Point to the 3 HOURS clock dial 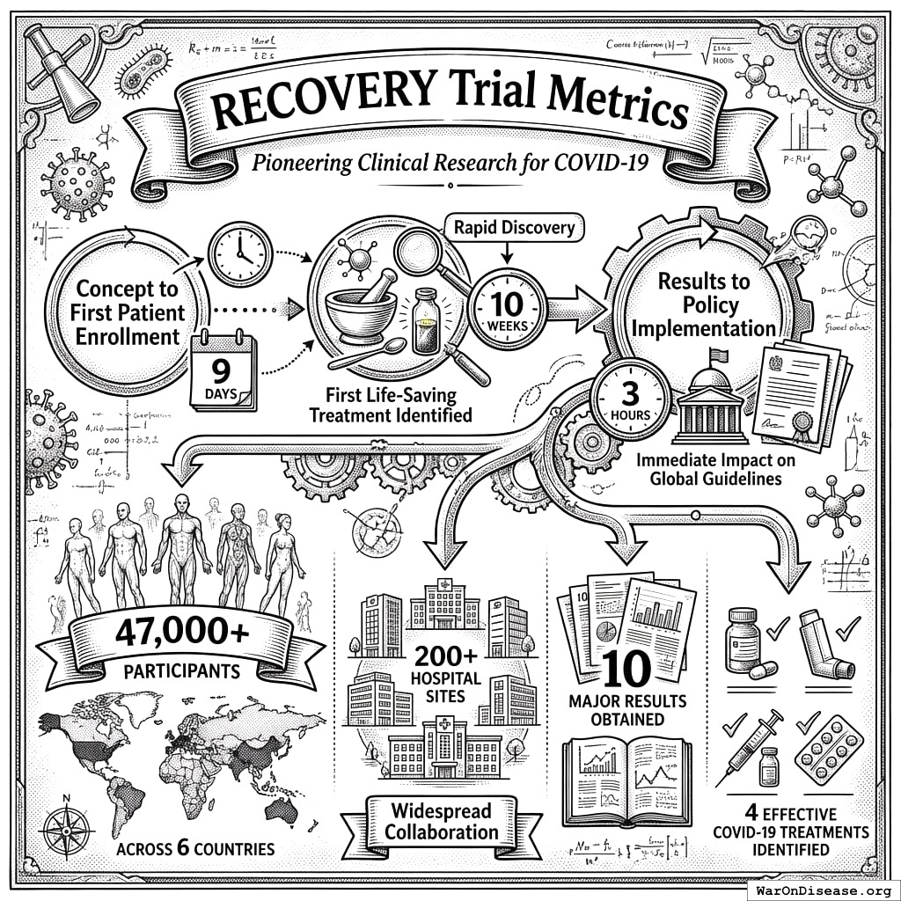point(631,400)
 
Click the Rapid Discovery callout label point(515,228)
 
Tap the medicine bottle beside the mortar point(427,321)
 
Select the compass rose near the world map point(69,831)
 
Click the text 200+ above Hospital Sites point(447,657)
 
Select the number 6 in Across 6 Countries point(184,849)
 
